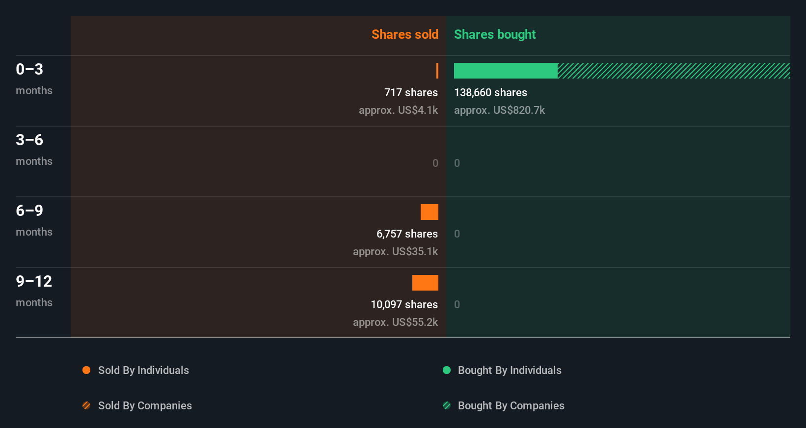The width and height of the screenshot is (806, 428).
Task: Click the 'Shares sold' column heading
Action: click(x=404, y=34)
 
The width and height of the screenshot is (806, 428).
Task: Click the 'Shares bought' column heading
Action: click(x=494, y=34)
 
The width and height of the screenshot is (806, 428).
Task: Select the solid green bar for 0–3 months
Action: click(x=506, y=71)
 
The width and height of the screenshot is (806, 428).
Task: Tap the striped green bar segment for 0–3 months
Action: click(x=673, y=71)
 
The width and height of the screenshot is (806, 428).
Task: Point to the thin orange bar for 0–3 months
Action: click(x=437, y=71)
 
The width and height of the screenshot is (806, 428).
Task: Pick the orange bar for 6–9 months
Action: click(x=429, y=212)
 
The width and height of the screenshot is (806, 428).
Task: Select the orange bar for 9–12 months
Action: click(x=425, y=283)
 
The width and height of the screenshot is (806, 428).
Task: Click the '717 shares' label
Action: click(x=411, y=92)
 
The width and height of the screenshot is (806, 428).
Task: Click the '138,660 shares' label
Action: click(x=490, y=92)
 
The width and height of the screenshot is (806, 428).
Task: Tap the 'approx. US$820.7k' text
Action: click(x=499, y=110)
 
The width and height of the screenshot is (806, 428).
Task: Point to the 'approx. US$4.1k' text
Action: click(x=398, y=110)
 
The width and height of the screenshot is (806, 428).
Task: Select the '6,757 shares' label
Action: click(x=407, y=234)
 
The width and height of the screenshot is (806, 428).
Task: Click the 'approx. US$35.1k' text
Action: click(x=395, y=251)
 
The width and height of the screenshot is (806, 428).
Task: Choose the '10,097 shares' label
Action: click(x=404, y=304)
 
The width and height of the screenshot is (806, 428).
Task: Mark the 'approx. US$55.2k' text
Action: click(x=395, y=322)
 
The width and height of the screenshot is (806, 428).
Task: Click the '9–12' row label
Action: click(x=34, y=281)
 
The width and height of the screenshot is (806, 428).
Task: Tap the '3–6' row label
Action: click(x=29, y=140)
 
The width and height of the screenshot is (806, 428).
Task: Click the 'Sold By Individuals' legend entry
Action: click(x=143, y=370)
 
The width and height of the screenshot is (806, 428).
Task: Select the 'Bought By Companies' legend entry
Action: click(x=510, y=405)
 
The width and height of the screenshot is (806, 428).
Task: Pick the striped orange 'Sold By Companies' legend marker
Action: click(x=86, y=405)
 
